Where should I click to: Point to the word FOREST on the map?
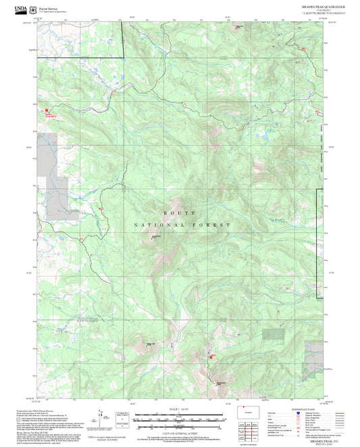pyautogui.click(x=217, y=225)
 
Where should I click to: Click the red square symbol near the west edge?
pyautogui.click(x=47, y=111)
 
